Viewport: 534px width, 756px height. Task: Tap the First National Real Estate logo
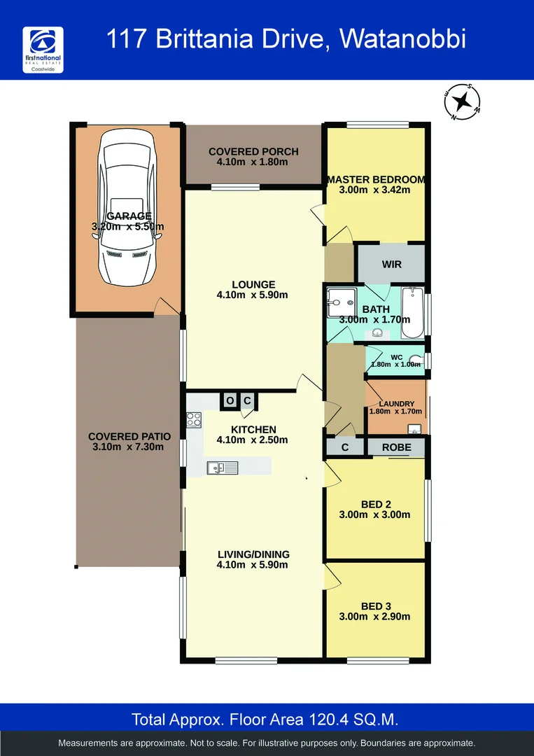tap(43, 52)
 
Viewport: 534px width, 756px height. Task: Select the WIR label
tap(391, 265)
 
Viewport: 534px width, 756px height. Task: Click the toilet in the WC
tap(416, 361)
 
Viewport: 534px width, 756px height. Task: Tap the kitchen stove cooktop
tap(194, 420)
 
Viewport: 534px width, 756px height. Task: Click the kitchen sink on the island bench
tap(222, 467)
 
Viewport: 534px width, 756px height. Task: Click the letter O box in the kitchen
tap(230, 401)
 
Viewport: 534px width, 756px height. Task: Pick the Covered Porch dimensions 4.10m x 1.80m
tap(253, 162)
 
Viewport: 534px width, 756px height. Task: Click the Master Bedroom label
tap(376, 179)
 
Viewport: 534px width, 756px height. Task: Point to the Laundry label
tap(396, 404)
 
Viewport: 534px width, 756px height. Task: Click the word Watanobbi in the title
tap(402, 39)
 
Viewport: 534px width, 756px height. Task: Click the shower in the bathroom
tap(342, 303)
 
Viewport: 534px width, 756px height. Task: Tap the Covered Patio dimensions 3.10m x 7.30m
tap(129, 447)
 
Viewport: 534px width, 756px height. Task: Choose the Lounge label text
tap(253, 284)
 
